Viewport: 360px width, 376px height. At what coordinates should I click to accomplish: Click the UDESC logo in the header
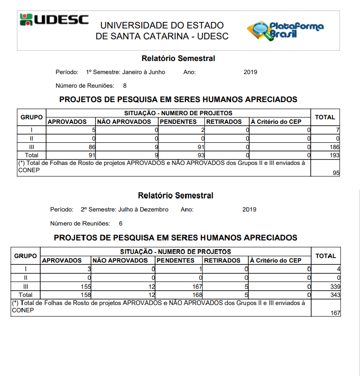54,20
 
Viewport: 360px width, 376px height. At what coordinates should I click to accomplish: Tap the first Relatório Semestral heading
178,58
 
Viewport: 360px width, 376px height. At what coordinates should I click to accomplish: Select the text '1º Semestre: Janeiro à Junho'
125,72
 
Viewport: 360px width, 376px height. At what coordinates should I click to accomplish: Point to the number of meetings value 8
125,85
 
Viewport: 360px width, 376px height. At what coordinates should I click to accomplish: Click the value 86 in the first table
92,147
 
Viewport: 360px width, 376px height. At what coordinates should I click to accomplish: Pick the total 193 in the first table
335,155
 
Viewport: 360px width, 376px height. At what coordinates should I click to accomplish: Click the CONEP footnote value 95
336,173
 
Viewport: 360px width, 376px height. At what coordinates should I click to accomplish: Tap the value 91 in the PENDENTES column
201,147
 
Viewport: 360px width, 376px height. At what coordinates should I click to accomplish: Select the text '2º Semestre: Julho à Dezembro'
124,209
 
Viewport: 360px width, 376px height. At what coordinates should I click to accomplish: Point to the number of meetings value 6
121,223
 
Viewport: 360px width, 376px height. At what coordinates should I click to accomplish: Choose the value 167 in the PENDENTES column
195,287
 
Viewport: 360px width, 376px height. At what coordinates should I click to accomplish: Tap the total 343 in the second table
335,295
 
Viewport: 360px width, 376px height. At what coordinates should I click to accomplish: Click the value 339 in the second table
335,287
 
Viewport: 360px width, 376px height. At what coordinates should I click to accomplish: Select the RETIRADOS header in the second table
222,260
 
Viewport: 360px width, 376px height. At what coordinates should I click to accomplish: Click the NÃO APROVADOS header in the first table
124,122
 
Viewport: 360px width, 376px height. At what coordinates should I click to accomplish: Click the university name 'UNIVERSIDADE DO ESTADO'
162,25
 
